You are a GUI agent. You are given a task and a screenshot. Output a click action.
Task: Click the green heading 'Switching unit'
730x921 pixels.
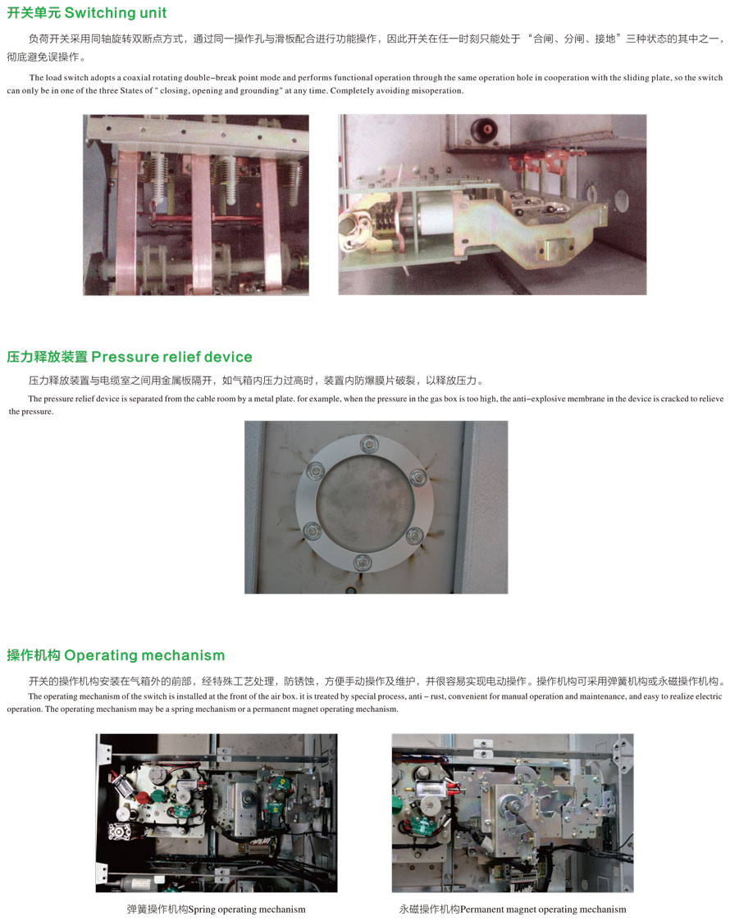coord(116,13)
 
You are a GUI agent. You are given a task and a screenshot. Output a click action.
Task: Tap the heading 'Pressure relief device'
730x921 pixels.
coord(171,357)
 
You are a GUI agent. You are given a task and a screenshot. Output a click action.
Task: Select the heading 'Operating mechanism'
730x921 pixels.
coord(144,655)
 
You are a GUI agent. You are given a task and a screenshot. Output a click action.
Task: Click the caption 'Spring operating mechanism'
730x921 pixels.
coord(247,910)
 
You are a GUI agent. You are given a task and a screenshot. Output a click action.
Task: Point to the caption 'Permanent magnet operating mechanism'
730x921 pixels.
coord(543,910)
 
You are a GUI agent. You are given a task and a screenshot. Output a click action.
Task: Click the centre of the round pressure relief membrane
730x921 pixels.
coord(365,504)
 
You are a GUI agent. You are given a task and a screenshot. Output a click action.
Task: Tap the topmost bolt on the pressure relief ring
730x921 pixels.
coord(369,444)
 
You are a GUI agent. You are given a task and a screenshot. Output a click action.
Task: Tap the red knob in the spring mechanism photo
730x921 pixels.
coord(143,799)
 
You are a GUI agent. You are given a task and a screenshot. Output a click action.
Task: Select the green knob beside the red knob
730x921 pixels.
coord(158,796)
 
